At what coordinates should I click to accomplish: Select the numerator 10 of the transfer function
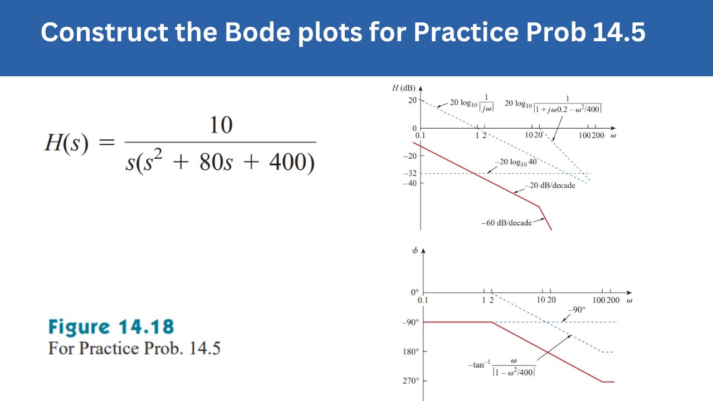click(221, 125)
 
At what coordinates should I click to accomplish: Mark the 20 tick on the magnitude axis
click(412, 100)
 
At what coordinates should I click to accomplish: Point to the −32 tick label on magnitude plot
click(409, 173)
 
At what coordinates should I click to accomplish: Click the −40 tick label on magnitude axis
click(409, 183)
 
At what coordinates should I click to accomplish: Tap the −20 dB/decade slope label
click(549, 185)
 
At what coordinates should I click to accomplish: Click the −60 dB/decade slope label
click(506, 223)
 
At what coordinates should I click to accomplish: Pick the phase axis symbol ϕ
click(415, 251)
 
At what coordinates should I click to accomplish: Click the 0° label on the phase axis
click(414, 292)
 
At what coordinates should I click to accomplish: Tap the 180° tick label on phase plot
click(411, 351)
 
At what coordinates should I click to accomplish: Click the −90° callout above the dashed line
click(577, 310)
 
